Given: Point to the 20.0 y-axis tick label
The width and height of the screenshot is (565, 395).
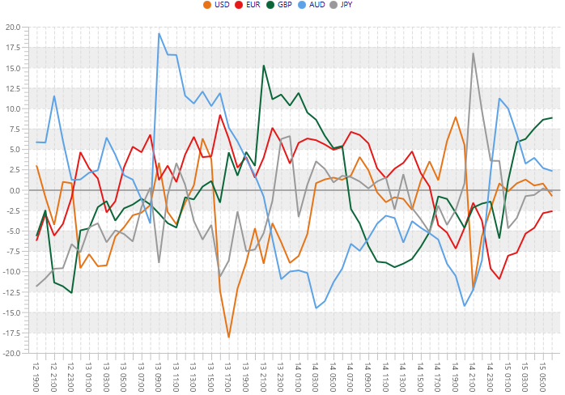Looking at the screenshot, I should tap(13, 27).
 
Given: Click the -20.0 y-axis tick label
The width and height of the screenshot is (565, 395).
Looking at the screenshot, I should tap(11, 353).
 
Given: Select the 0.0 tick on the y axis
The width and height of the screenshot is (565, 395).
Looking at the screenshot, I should tap(15, 190).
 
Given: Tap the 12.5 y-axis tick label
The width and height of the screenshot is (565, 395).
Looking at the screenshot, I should tap(13, 88).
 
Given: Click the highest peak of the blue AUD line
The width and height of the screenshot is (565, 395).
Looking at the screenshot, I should tap(159, 33).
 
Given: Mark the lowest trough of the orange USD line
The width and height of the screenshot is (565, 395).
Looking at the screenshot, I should tap(229, 337).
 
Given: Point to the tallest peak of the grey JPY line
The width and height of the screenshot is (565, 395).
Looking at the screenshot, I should tap(473, 53).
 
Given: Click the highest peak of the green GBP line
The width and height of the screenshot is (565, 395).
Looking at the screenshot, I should tap(264, 66).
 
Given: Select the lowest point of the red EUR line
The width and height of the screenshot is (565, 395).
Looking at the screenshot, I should tap(499, 278).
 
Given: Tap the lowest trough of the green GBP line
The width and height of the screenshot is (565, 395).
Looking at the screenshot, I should tap(71, 292).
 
